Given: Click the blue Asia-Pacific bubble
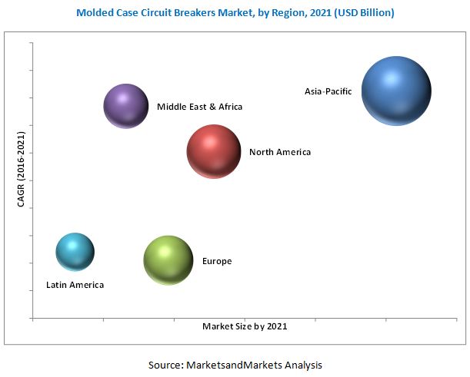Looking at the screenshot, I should coord(396,91).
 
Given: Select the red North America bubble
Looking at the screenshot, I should coord(215,152).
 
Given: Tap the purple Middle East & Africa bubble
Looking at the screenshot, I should coord(126,106).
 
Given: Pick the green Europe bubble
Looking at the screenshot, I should coord(168,260).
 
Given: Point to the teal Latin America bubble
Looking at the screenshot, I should coord(75,252).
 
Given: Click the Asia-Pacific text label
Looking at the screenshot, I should coord(328,91).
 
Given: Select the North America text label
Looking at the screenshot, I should coord(280,152).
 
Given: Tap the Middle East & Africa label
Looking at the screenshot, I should coord(199,107).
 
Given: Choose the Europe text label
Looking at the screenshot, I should coord(217,261).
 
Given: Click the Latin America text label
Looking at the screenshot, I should coord(75,285).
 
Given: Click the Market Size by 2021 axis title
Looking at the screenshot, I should coord(245,326).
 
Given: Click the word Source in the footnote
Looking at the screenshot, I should coord(164,365).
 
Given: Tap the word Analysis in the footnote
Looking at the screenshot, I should coord(302,365).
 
